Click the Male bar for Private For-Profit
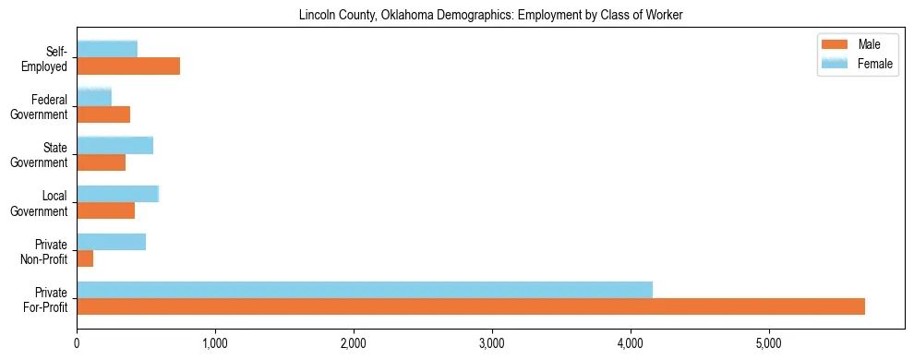click(471, 306)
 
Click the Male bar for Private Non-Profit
click(85, 258)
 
